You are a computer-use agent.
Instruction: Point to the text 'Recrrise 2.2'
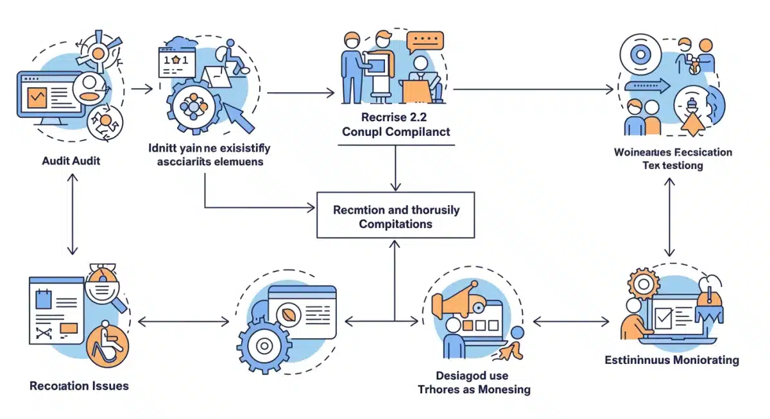point(395,117)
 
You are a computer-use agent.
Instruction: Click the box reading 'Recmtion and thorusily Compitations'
point(395,217)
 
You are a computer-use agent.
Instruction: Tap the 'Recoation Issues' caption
point(79,386)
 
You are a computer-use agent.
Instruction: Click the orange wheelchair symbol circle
point(107,347)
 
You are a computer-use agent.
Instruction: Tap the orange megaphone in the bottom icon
point(457,303)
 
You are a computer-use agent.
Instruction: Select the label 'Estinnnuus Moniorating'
point(672,359)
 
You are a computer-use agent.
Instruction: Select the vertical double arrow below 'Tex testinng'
point(669,217)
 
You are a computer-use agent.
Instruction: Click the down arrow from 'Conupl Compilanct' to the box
point(395,168)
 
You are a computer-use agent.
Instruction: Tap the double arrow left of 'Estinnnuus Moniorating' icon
point(571,321)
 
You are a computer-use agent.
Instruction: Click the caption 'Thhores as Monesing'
point(474,389)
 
